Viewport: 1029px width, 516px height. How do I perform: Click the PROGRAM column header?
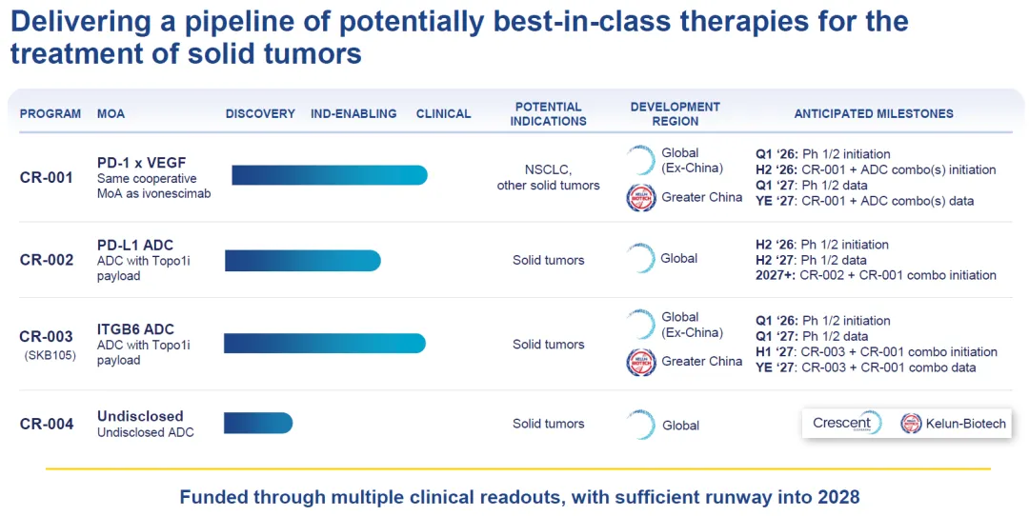coord(50,113)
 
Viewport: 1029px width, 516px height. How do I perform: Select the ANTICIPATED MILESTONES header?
coord(874,113)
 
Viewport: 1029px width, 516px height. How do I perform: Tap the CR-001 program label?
coord(47,177)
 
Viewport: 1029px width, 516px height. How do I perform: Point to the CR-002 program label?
coord(47,260)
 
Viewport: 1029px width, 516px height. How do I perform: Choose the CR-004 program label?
coord(47,424)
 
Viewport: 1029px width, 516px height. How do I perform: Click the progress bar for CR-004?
coord(258,423)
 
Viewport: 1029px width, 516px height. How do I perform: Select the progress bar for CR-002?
coord(303,260)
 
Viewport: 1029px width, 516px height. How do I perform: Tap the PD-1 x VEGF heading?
coord(142,163)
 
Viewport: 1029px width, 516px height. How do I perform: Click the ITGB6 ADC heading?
coord(136,329)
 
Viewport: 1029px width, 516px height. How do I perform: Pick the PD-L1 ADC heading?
coord(135,246)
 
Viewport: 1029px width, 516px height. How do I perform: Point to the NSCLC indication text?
coord(548,169)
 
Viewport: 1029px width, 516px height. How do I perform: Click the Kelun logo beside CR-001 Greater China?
coord(641,198)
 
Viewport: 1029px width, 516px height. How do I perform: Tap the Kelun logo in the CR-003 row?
coord(641,362)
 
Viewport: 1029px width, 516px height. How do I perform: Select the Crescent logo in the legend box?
coord(847,424)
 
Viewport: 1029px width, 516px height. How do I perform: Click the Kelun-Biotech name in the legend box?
coord(965,424)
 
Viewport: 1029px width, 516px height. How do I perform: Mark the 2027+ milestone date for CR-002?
coord(776,275)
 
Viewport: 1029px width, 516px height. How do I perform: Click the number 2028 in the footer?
coord(838,496)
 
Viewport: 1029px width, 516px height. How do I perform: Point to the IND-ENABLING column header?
coord(353,113)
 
